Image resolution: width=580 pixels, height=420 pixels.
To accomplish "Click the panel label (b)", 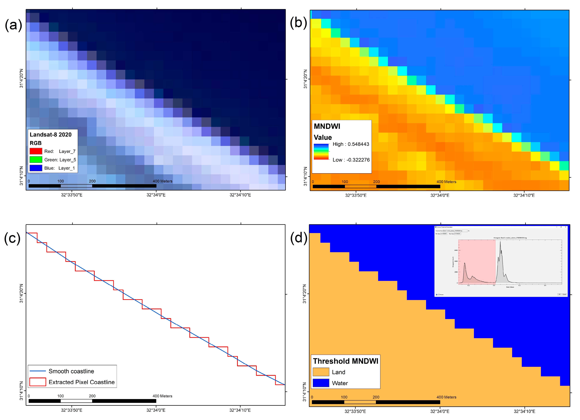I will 298,22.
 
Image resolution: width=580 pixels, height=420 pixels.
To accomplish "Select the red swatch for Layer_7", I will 36,151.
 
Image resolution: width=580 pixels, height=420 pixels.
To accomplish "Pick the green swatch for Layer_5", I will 36,160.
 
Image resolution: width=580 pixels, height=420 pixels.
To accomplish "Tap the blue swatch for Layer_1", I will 36,168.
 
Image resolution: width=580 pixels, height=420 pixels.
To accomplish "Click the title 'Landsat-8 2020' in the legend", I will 51,135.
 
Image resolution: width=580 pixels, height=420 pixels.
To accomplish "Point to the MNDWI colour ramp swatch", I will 321,152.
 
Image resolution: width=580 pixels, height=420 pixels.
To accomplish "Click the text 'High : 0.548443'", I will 351,144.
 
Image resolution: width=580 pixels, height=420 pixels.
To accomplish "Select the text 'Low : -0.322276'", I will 351,160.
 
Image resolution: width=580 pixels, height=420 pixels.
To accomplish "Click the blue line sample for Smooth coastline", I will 38,371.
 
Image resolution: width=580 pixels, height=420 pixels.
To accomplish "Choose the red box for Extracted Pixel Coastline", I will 38,382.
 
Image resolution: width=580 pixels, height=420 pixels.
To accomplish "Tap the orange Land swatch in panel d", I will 321,372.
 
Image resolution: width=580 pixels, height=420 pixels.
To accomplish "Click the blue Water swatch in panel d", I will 321,383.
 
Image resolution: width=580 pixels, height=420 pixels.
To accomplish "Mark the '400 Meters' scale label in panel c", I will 162,396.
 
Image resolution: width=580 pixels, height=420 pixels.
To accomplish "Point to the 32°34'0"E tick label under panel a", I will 156,195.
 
